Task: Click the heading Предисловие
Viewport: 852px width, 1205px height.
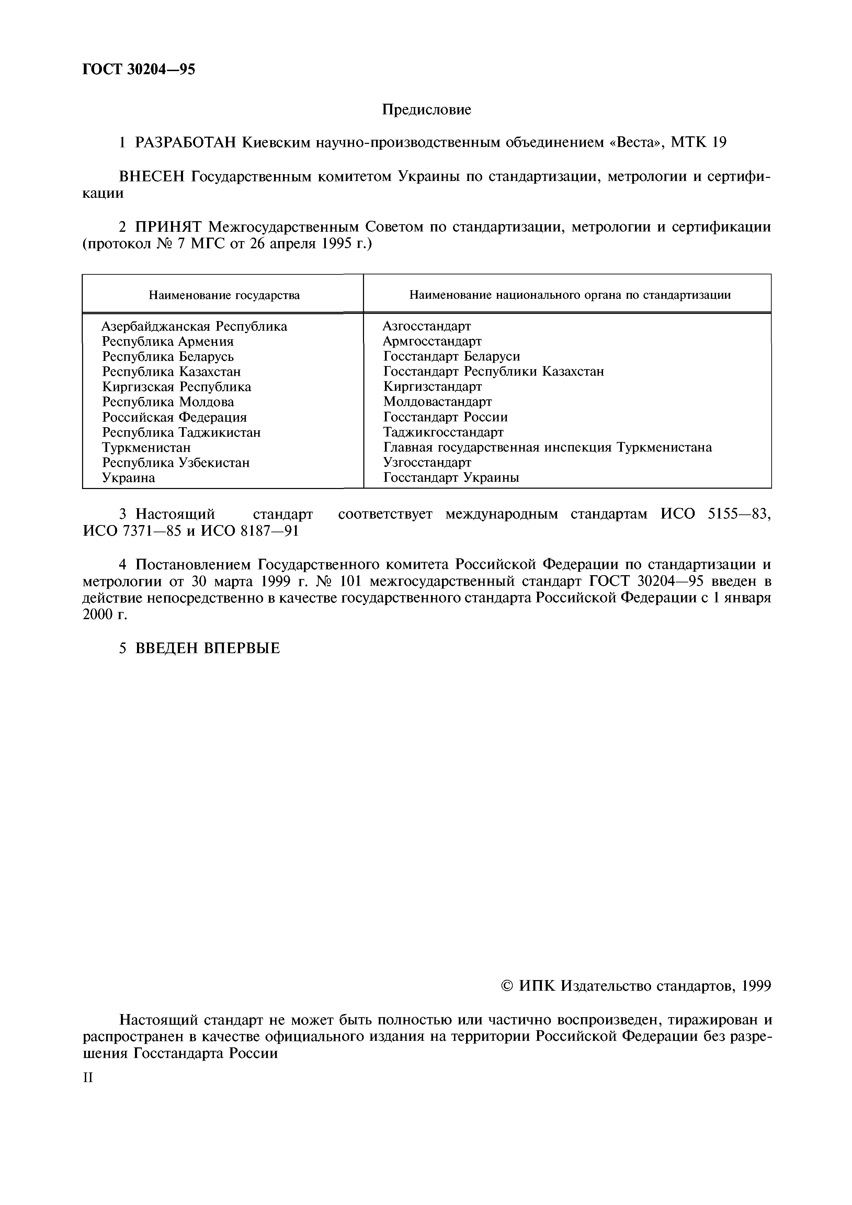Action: tap(426, 110)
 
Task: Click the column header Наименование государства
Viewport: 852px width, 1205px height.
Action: tap(224, 295)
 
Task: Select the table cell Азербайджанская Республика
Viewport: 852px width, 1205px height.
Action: tap(194, 327)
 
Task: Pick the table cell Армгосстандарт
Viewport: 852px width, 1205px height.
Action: tap(432, 342)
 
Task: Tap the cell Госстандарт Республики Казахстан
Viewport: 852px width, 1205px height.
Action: tap(493, 372)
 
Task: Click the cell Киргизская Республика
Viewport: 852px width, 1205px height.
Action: tap(177, 387)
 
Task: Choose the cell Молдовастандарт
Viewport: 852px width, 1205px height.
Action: tap(437, 402)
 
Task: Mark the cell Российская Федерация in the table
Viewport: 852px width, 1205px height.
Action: tap(174, 417)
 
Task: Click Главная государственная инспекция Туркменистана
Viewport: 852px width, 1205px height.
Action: tap(547, 448)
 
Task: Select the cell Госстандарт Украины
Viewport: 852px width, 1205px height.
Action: tap(451, 478)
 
